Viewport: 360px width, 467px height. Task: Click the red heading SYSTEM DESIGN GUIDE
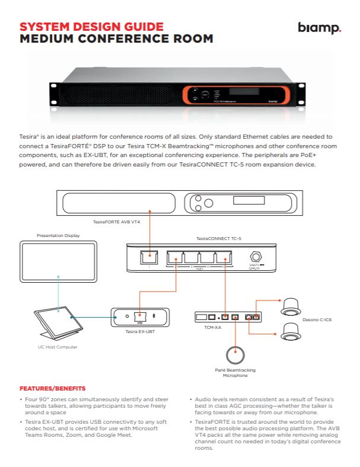coord(91,27)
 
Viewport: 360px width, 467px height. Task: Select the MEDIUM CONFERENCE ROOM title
coord(116,39)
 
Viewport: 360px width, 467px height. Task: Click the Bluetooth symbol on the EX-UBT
coord(155,316)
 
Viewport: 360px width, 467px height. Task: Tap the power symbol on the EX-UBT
coord(126,316)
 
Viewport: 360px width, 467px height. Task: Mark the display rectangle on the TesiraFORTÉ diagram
coord(248,200)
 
